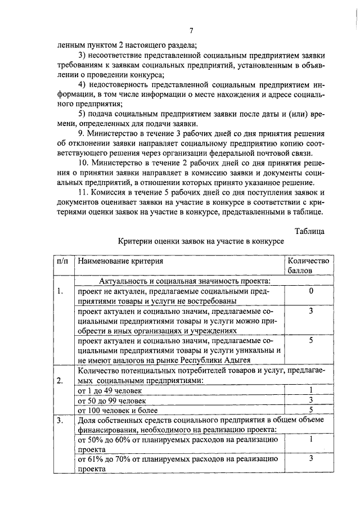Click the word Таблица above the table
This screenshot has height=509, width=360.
pos(309,230)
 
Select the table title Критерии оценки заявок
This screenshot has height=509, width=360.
pos(201,241)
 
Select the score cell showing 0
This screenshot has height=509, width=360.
pos(310,291)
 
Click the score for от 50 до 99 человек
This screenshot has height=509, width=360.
pos(310,400)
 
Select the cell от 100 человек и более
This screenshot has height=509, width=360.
pos(115,409)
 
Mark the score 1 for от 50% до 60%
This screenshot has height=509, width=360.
pos(310,439)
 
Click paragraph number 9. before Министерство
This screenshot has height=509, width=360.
pos(82,133)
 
